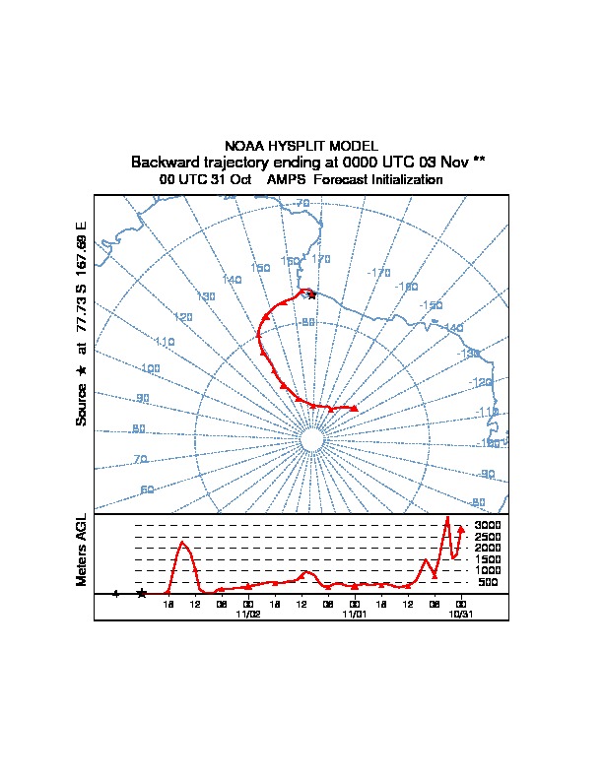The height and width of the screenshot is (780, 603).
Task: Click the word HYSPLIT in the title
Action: (301, 146)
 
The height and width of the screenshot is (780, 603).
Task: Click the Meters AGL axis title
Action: (81, 550)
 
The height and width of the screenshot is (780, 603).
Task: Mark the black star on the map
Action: (312, 294)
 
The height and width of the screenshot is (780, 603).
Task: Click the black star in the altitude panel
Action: (142, 593)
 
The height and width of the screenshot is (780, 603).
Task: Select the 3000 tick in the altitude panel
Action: (488, 525)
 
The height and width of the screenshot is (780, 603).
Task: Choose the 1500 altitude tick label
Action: (488, 559)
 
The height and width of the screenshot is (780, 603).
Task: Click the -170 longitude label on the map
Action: (378, 273)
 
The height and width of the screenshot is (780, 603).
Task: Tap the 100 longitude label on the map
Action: (150, 368)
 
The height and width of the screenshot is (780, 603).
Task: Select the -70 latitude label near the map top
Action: (301, 204)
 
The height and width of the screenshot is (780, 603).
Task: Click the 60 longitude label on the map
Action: (147, 489)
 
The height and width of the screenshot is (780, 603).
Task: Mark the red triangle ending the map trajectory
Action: (354, 408)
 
